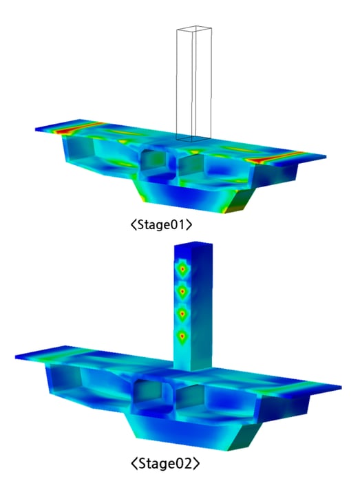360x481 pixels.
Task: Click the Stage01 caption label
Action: [162, 225]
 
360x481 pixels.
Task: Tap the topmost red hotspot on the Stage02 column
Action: [182, 269]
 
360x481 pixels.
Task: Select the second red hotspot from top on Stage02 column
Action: [182, 290]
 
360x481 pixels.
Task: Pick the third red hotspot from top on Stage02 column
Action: [182, 314]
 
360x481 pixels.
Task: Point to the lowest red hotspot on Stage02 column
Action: [182, 336]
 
